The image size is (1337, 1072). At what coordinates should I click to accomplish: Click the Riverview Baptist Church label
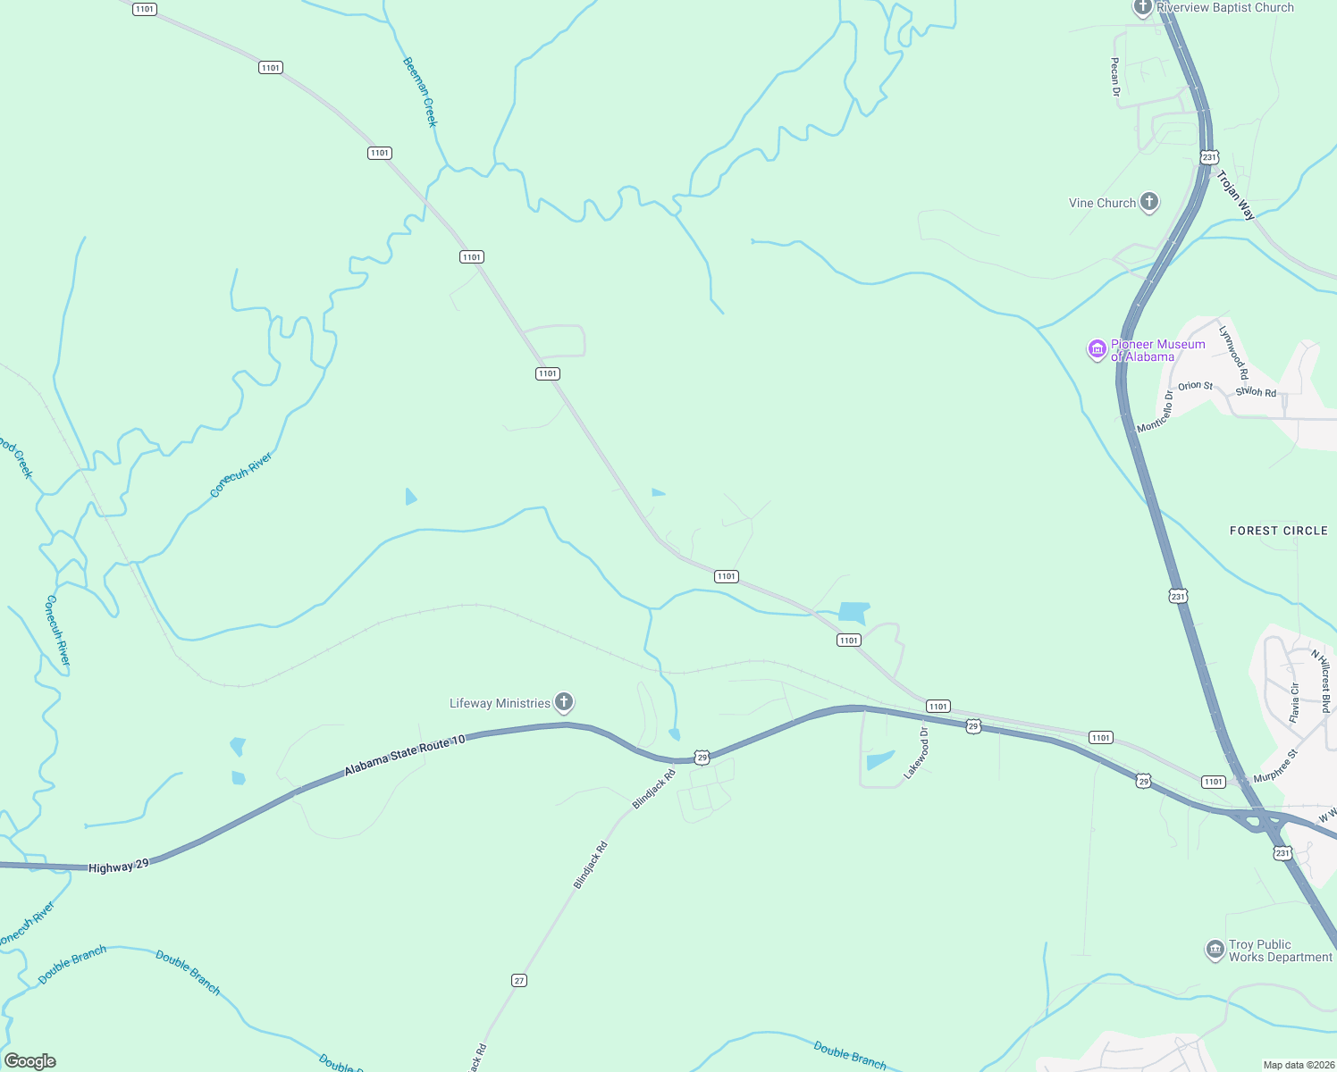pos(1224,8)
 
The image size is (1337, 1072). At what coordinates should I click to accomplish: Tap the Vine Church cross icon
pos(1149,203)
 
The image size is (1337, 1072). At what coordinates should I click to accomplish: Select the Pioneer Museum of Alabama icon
pos(1097,349)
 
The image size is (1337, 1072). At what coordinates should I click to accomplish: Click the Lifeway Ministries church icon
pos(564,702)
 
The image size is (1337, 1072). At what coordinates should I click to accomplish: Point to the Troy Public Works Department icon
pos(1215,950)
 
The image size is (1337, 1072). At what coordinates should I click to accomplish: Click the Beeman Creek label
pos(420,92)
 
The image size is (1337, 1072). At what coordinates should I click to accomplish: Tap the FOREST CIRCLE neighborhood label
pos(1278,531)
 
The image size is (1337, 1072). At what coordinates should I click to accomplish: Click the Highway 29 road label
pos(118,866)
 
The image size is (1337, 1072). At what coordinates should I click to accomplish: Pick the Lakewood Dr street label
pos(917,753)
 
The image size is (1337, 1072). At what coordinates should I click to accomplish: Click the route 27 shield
pos(519,980)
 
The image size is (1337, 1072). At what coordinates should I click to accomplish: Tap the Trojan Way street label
pos(1236,196)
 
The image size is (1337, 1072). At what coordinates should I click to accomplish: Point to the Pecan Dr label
pos(1114,77)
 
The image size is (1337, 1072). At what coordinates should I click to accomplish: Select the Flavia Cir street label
pos(1295,702)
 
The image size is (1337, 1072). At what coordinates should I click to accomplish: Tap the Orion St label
pos(1195,386)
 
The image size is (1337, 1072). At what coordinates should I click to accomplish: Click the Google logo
pos(29,1060)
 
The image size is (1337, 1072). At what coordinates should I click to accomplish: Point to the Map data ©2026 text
pos(1296,1065)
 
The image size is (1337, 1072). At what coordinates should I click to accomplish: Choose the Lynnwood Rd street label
pos(1233,352)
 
